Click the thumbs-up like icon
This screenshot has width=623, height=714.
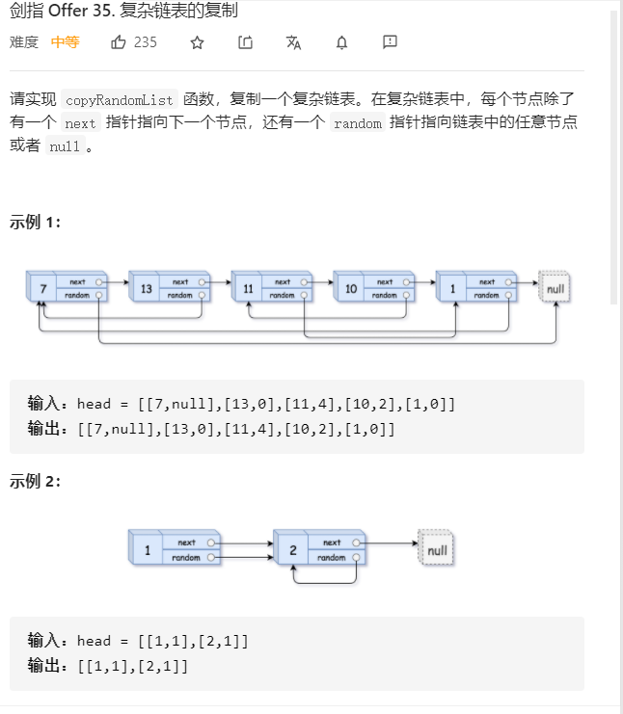click(119, 42)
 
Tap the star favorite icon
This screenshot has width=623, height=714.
click(197, 42)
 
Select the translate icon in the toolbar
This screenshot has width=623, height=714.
click(293, 42)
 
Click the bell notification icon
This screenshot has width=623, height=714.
click(341, 42)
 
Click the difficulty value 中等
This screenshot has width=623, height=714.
click(66, 42)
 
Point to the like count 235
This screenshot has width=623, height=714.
click(146, 42)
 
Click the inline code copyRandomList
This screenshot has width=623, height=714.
click(121, 99)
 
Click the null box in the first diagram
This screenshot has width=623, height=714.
click(555, 288)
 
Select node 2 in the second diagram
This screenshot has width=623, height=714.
click(289, 550)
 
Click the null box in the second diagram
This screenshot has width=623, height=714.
click(437, 550)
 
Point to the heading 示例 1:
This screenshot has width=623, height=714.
click(36, 222)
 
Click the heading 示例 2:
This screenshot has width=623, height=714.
click(36, 482)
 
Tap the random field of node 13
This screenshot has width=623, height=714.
click(180, 296)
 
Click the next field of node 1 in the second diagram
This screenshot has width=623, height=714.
click(186, 542)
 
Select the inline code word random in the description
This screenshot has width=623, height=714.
click(357, 123)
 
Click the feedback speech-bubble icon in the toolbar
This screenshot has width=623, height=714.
click(390, 42)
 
